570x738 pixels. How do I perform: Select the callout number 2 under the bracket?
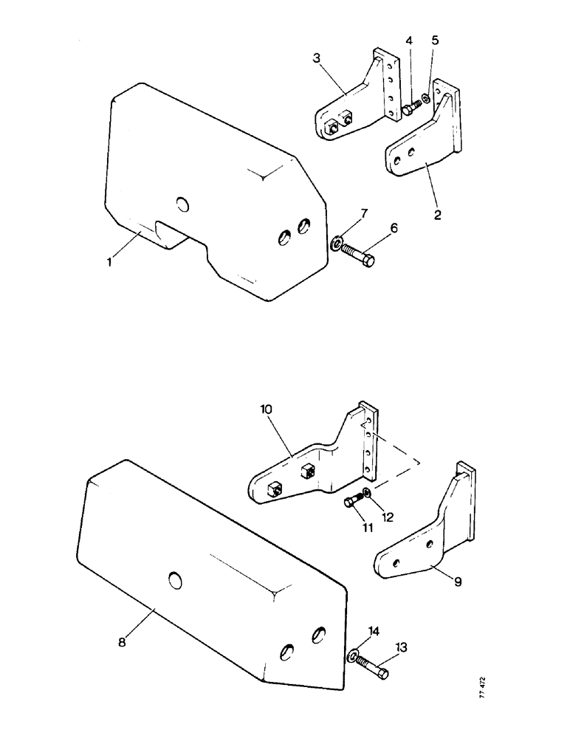click(x=438, y=216)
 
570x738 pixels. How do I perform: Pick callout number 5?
click(x=435, y=40)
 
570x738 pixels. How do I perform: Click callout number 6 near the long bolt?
click(x=394, y=229)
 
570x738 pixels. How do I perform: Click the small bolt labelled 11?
click(x=352, y=503)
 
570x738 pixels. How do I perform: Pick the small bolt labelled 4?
click(x=410, y=110)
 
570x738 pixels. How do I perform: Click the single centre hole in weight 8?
click(x=174, y=582)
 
